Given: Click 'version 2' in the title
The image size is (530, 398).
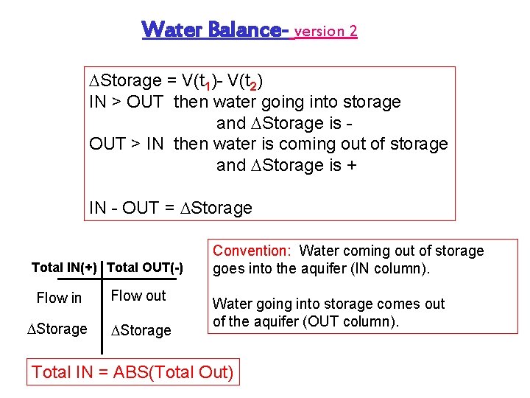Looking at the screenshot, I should click(x=325, y=31).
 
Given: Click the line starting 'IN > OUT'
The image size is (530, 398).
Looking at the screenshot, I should click(x=244, y=102).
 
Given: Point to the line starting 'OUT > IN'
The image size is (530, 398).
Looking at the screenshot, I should click(x=268, y=144).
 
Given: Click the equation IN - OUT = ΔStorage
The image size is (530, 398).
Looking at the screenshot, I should click(x=170, y=208).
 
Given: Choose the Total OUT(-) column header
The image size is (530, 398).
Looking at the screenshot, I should click(x=145, y=267).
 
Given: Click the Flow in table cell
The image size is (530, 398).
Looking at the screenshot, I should click(x=59, y=298).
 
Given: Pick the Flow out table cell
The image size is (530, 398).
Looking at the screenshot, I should click(x=138, y=296).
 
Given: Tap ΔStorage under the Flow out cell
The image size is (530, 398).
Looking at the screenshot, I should click(x=141, y=330).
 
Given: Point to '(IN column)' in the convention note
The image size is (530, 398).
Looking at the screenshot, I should click(x=390, y=268).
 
